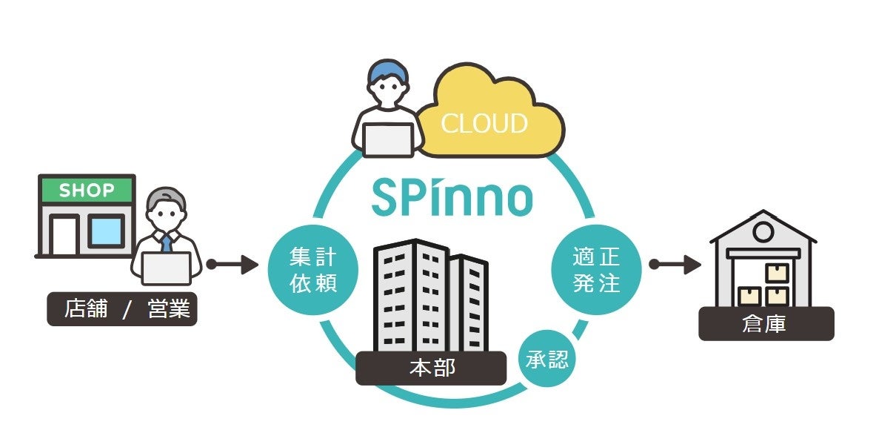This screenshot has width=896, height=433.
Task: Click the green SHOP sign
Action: [87, 191]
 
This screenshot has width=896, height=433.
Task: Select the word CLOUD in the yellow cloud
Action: [484, 123]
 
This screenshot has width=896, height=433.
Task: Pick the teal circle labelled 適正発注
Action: [596, 270]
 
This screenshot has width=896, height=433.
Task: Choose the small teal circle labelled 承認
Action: [546, 360]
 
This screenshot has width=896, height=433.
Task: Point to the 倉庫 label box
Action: [766, 324]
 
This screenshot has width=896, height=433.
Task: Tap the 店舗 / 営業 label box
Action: [122, 309]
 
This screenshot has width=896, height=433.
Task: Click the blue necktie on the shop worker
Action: [167, 242]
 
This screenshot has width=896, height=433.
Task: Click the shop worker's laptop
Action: [166, 268]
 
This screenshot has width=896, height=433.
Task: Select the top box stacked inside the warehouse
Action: [776, 273]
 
